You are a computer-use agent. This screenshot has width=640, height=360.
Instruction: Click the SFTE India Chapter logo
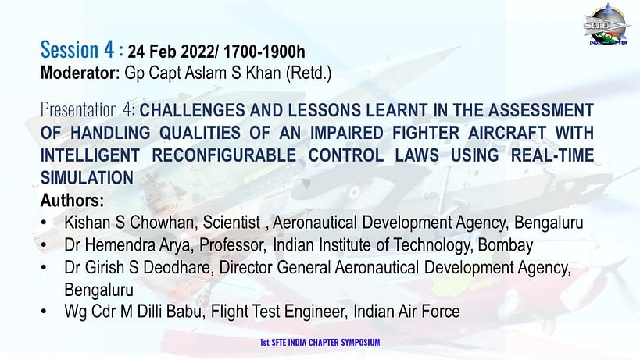[606, 24]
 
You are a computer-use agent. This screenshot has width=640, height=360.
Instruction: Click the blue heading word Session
[70, 50]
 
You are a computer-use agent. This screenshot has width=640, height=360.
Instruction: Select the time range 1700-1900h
[264, 52]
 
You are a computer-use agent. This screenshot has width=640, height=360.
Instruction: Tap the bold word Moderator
[80, 73]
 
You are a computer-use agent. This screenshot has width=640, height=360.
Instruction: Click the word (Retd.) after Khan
[309, 73]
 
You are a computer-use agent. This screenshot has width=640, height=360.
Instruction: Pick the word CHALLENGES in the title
[191, 110]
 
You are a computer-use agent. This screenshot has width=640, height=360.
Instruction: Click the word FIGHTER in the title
[424, 133]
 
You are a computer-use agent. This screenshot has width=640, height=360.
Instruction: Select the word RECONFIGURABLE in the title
[224, 155]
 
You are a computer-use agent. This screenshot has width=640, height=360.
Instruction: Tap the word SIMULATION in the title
[87, 178]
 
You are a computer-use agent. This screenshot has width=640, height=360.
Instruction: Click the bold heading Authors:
[72, 201]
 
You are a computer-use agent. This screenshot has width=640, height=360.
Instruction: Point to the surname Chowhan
[162, 223]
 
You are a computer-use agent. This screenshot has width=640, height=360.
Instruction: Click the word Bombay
[506, 245]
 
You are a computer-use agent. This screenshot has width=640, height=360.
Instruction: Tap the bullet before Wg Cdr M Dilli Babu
[44, 312]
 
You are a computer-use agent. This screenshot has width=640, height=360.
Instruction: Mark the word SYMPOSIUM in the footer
[360, 343]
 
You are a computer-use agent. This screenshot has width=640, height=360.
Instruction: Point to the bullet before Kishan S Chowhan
[44, 223]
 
